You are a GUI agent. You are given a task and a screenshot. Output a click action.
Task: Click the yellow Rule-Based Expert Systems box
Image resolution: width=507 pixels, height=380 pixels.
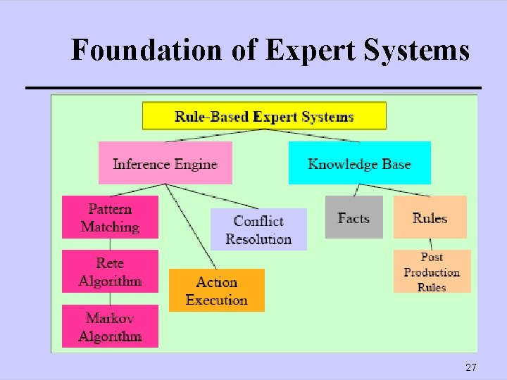[x=264, y=116]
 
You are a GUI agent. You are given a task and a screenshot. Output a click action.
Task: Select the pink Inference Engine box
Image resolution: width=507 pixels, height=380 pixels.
[x=165, y=163]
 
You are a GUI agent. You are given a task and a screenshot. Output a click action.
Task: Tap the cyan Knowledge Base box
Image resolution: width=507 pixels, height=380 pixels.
[x=359, y=163]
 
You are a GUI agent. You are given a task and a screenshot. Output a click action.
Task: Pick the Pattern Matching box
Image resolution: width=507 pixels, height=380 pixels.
[x=110, y=217]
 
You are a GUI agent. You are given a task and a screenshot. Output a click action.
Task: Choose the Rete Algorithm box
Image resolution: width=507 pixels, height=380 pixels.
[x=110, y=272]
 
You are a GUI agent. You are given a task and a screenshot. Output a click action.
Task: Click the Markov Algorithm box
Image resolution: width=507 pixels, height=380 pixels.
[x=110, y=327]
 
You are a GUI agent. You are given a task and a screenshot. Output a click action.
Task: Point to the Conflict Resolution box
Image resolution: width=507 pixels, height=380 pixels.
[x=258, y=229]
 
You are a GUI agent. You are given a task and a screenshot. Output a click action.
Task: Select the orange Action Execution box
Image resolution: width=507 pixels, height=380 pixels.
[x=217, y=291]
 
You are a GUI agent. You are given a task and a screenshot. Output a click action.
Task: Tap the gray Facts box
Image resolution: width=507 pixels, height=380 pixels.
[x=353, y=217]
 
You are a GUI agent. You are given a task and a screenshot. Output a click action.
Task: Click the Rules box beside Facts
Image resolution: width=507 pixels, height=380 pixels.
[x=430, y=217]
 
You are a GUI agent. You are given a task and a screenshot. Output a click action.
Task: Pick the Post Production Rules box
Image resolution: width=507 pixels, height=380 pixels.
[x=431, y=272]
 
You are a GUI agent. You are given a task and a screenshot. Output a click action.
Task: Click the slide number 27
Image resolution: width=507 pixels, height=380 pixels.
[x=471, y=367]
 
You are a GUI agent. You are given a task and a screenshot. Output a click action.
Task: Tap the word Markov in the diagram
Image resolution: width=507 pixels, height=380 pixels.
[x=110, y=318]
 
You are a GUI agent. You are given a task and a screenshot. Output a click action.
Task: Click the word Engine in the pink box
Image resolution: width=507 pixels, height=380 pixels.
[x=196, y=164]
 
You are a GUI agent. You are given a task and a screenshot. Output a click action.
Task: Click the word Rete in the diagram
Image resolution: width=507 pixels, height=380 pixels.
[x=110, y=263]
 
